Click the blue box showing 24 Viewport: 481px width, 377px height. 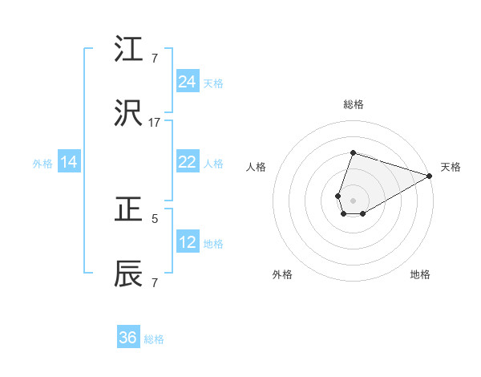(x=188, y=82)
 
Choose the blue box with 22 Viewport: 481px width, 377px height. (x=188, y=162)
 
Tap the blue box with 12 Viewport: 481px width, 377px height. (x=188, y=242)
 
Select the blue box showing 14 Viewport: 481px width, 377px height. (x=69, y=162)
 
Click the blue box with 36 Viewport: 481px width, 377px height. (x=128, y=338)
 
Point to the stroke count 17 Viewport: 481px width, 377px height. (x=155, y=122)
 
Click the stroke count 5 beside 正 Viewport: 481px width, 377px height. (x=155, y=217)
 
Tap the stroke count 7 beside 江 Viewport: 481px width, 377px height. (x=155, y=59)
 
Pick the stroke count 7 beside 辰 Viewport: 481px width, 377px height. (x=155, y=282)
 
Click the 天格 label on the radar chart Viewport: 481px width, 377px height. (x=451, y=167)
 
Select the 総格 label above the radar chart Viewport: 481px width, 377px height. (x=354, y=105)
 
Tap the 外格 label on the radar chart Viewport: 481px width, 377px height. (x=282, y=274)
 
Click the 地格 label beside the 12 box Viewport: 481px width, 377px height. (x=213, y=243)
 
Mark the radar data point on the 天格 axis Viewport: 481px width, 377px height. (x=430, y=175)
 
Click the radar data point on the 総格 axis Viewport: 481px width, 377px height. (x=353, y=152)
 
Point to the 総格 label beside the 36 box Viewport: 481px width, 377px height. (x=154, y=338)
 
